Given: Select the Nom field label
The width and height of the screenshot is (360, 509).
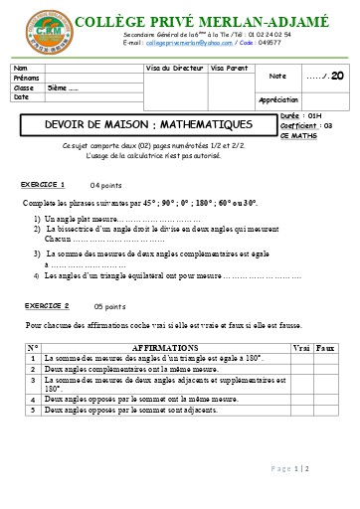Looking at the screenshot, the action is [x=21, y=68].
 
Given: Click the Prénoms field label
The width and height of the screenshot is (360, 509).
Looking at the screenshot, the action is [x=26, y=78].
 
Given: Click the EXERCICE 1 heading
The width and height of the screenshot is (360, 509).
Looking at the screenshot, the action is [x=43, y=185].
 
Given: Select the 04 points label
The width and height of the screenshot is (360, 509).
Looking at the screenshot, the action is [x=106, y=186].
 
